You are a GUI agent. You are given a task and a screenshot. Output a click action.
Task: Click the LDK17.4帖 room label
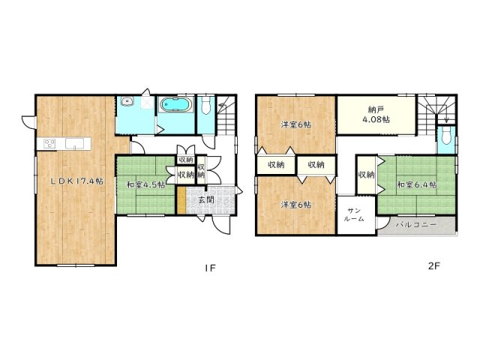click(x=76, y=181)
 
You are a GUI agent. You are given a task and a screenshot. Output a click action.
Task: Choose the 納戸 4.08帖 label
click(x=375, y=114)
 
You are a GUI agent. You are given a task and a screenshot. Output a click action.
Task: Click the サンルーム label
click(x=355, y=215)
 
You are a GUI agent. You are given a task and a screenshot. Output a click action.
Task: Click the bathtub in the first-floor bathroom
click(x=177, y=105)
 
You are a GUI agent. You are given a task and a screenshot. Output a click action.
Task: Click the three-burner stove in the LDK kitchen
click(x=51, y=143)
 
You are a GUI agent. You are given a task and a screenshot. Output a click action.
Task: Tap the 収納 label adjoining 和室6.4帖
click(x=366, y=174)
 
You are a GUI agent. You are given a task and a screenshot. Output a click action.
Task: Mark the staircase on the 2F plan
click(x=435, y=112)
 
